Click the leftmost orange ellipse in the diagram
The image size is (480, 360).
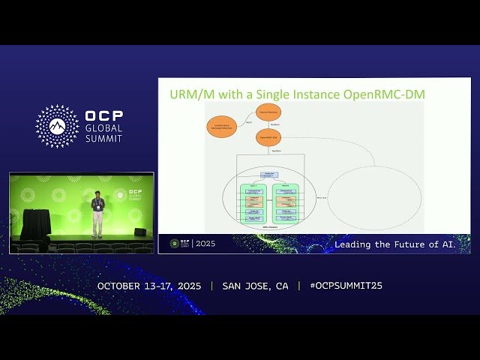coord(223,126)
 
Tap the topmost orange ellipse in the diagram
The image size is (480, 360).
coord(268,112)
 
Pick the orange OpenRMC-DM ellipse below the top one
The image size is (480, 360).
coord(268,138)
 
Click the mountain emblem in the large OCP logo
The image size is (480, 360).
coord(58,126)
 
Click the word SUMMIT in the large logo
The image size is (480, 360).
coord(103,139)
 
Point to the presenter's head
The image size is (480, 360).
coord(97,195)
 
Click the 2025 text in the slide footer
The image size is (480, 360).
coord(205,244)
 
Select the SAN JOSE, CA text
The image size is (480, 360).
coord(255,286)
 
